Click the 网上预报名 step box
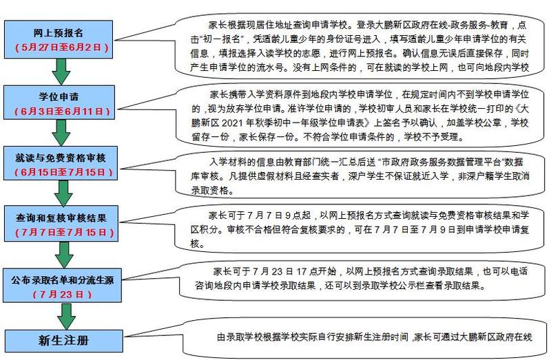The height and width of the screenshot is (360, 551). [x=63, y=40]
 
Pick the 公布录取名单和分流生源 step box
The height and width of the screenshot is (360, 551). [x=63, y=285]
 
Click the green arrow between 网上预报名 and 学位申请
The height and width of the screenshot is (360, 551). [x=63, y=70]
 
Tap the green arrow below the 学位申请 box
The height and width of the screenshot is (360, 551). [x=63, y=131]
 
